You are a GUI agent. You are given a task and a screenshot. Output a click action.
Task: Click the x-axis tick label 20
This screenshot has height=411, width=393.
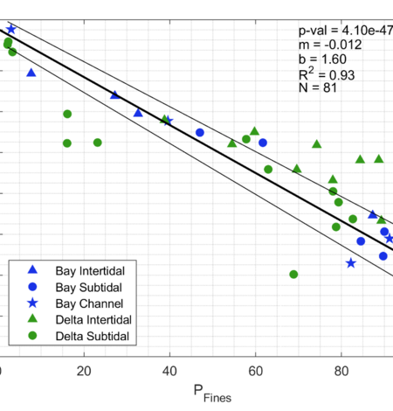[x=84, y=371]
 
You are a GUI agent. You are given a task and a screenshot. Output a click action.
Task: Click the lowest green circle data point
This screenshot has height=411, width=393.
[x=293, y=275]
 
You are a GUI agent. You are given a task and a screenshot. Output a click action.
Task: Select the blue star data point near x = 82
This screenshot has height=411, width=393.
[x=351, y=263]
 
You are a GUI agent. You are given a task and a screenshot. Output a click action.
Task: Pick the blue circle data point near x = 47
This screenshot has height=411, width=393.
[x=200, y=133]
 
